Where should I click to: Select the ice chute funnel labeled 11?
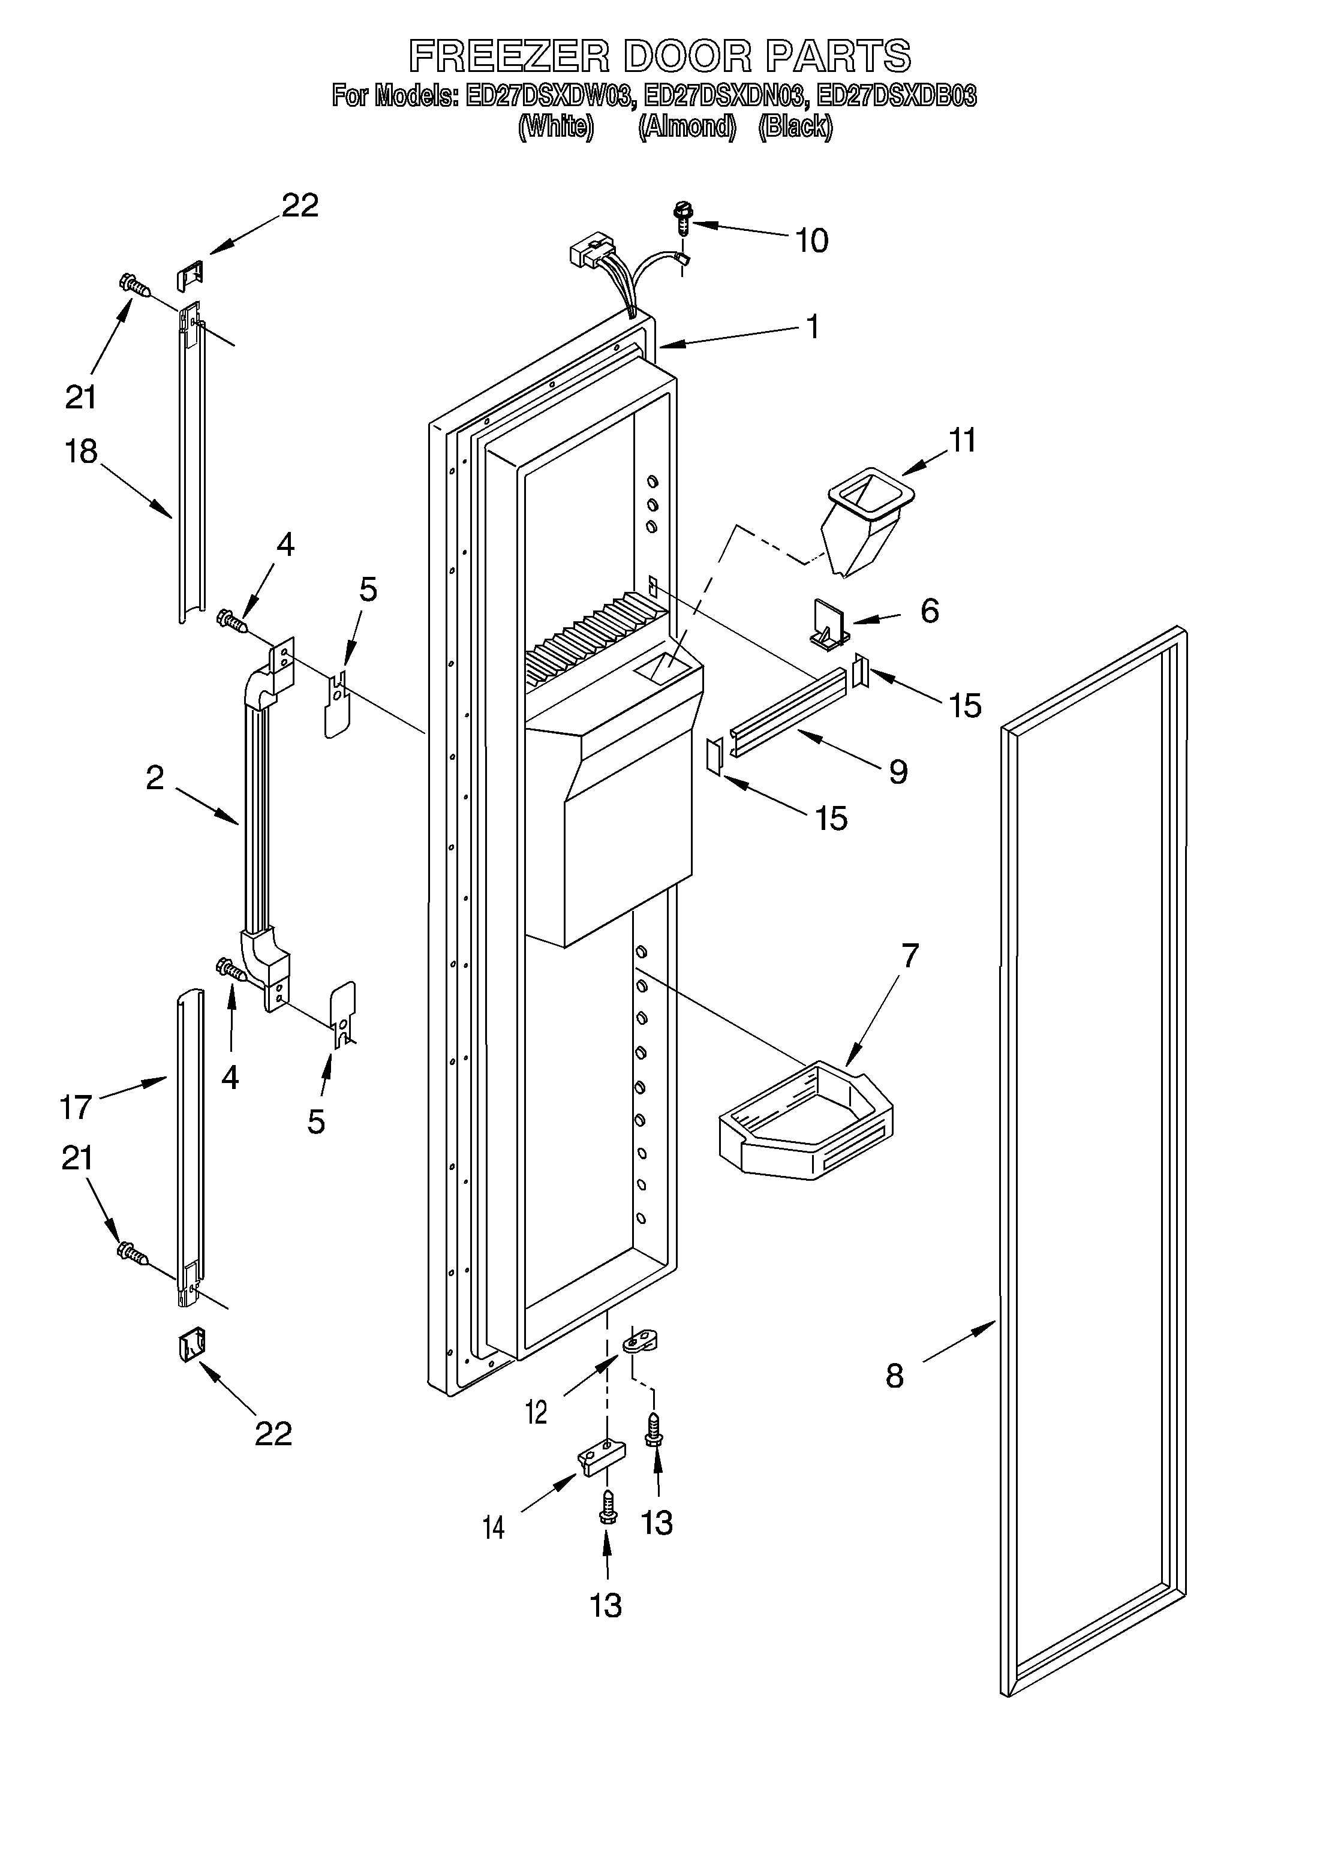tap(866, 523)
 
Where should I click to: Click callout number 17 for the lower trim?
tap(76, 1108)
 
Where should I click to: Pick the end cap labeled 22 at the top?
tap(190, 273)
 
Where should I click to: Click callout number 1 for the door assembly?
tap(811, 326)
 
